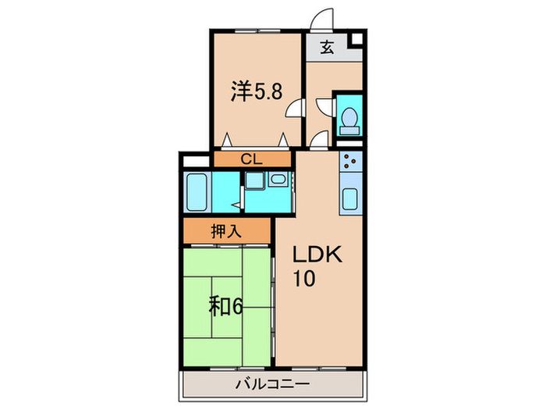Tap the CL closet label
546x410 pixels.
(x=250, y=159)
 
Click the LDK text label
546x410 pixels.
(x=317, y=256)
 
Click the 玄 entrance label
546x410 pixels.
(x=327, y=48)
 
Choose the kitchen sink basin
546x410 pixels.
(x=350, y=200)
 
